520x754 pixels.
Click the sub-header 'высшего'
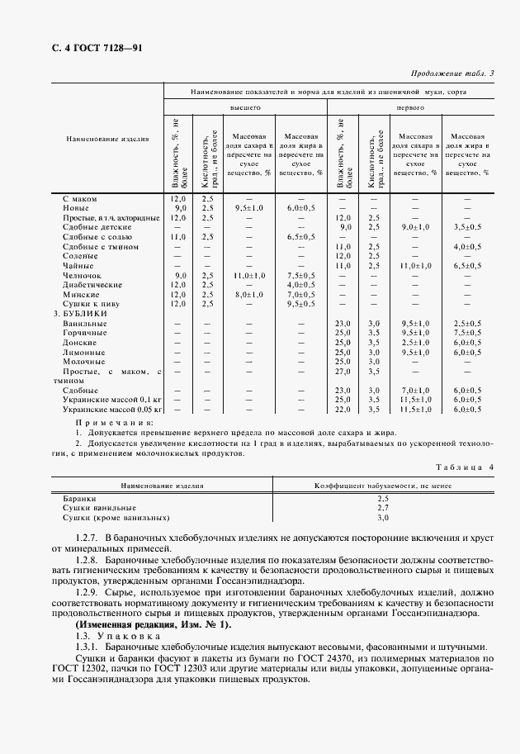coord(245,107)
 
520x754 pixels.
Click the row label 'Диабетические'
coord(92,285)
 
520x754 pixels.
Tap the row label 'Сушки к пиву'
coord(90,304)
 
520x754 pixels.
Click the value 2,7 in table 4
coord(382,507)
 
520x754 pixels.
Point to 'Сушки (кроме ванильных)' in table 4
coord(116,518)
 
